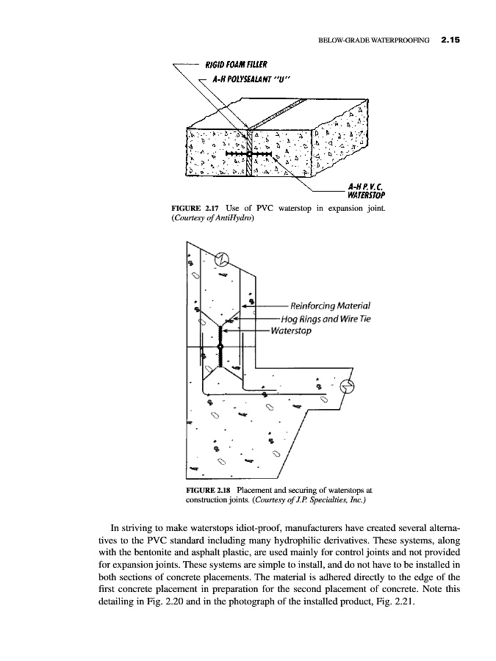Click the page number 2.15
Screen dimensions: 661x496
446,41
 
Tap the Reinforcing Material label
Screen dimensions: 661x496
331,306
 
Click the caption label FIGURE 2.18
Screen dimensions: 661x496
209,490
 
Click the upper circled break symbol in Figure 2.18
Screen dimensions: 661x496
220,259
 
